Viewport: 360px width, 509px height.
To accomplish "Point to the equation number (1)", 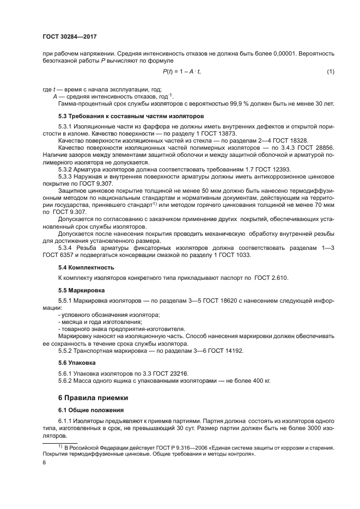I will (330, 72).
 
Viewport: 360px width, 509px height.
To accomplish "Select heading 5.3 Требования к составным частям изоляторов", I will (130, 116).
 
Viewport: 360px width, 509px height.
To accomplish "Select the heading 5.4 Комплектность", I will (86, 267).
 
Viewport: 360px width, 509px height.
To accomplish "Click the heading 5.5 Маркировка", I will (82, 290).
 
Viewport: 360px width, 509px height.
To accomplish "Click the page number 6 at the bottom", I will (44, 462).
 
